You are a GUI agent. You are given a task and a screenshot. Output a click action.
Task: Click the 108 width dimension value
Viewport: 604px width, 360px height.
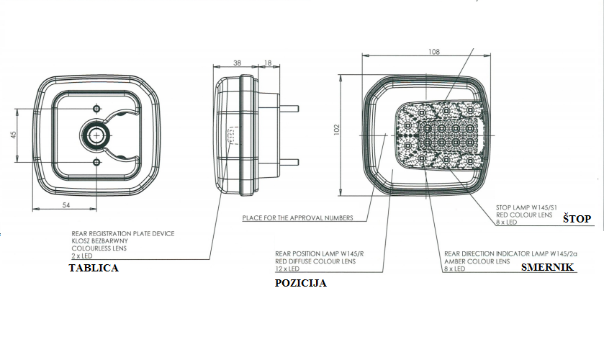coord(433,52)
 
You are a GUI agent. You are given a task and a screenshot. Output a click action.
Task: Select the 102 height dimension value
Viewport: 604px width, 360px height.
coord(337,129)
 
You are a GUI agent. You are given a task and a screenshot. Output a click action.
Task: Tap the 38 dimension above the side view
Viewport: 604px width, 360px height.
coord(238,63)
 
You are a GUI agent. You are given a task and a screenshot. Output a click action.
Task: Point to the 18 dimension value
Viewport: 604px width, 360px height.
coord(268,63)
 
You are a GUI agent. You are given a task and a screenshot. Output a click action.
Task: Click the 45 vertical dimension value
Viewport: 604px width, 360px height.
coord(14,135)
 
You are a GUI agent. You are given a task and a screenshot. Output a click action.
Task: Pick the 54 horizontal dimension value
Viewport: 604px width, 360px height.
coord(66,205)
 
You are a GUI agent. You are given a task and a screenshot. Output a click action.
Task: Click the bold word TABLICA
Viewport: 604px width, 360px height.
coord(94,268)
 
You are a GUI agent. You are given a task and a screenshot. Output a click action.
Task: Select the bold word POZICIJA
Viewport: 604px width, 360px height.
coord(301,283)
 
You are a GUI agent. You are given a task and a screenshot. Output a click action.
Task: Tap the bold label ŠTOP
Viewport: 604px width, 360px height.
coord(577,218)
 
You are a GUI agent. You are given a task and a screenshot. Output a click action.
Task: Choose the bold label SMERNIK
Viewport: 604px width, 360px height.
coord(547,267)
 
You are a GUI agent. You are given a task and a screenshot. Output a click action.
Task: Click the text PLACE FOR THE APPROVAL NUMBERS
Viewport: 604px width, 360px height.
coord(297,217)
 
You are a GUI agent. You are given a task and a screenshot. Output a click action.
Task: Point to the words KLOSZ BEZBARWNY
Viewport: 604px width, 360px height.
coord(100,241)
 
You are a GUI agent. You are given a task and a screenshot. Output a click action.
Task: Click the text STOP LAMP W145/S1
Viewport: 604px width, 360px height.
coord(526,207)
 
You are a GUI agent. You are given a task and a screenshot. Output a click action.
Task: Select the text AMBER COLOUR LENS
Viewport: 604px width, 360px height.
coord(477,261)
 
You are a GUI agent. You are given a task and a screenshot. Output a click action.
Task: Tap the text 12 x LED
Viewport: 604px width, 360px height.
coord(287,269)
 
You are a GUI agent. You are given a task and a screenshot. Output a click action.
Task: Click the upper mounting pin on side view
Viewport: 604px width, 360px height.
coord(289,108)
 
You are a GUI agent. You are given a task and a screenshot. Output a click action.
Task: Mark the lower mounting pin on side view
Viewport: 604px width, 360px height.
coord(289,162)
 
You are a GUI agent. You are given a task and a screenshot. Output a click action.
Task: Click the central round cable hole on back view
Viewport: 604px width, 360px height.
coord(96,135)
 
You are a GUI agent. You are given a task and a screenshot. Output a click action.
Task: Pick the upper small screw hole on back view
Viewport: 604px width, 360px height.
coord(96,108)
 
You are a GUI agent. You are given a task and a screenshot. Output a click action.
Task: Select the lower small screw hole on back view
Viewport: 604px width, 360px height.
coord(96,162)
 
